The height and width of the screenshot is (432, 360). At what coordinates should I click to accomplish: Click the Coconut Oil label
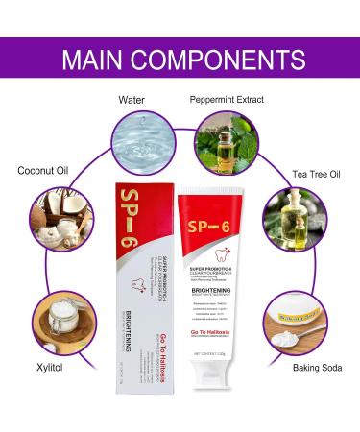point(43,171)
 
